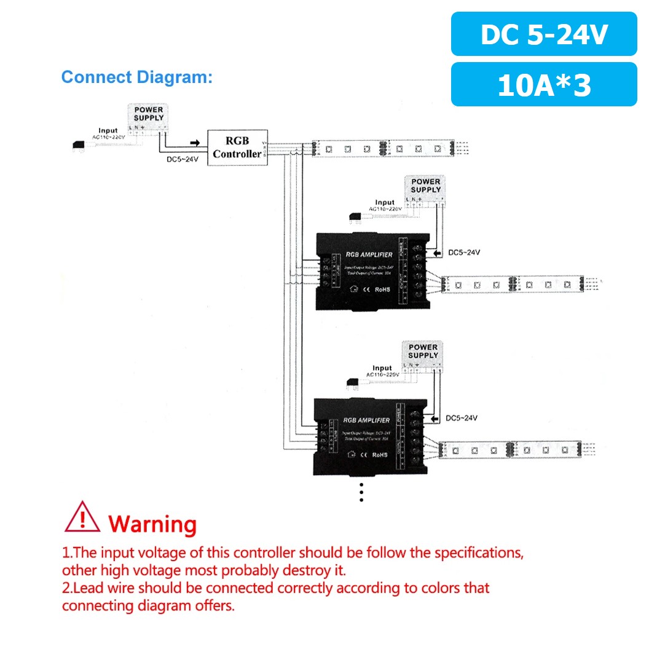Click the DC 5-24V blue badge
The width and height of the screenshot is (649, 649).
pyautogui.click(x=544, y=34)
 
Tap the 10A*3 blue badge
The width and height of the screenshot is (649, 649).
pyautogui.click(x=544, y=84)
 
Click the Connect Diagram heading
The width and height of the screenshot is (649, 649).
pyautogui.click(x=136, y=77)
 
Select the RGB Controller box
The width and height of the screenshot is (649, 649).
pyautogui.click(x=237, y=148)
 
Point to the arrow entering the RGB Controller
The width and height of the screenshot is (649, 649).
pyautogui.click(x=195, y=143)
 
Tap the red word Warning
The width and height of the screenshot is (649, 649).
pyautogui.click(x=152, y=524)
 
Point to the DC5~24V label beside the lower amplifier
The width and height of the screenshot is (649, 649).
pyautogui.click(x=462, y=419)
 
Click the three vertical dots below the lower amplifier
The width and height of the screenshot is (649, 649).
pyautogui.click(x=361, y=492)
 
